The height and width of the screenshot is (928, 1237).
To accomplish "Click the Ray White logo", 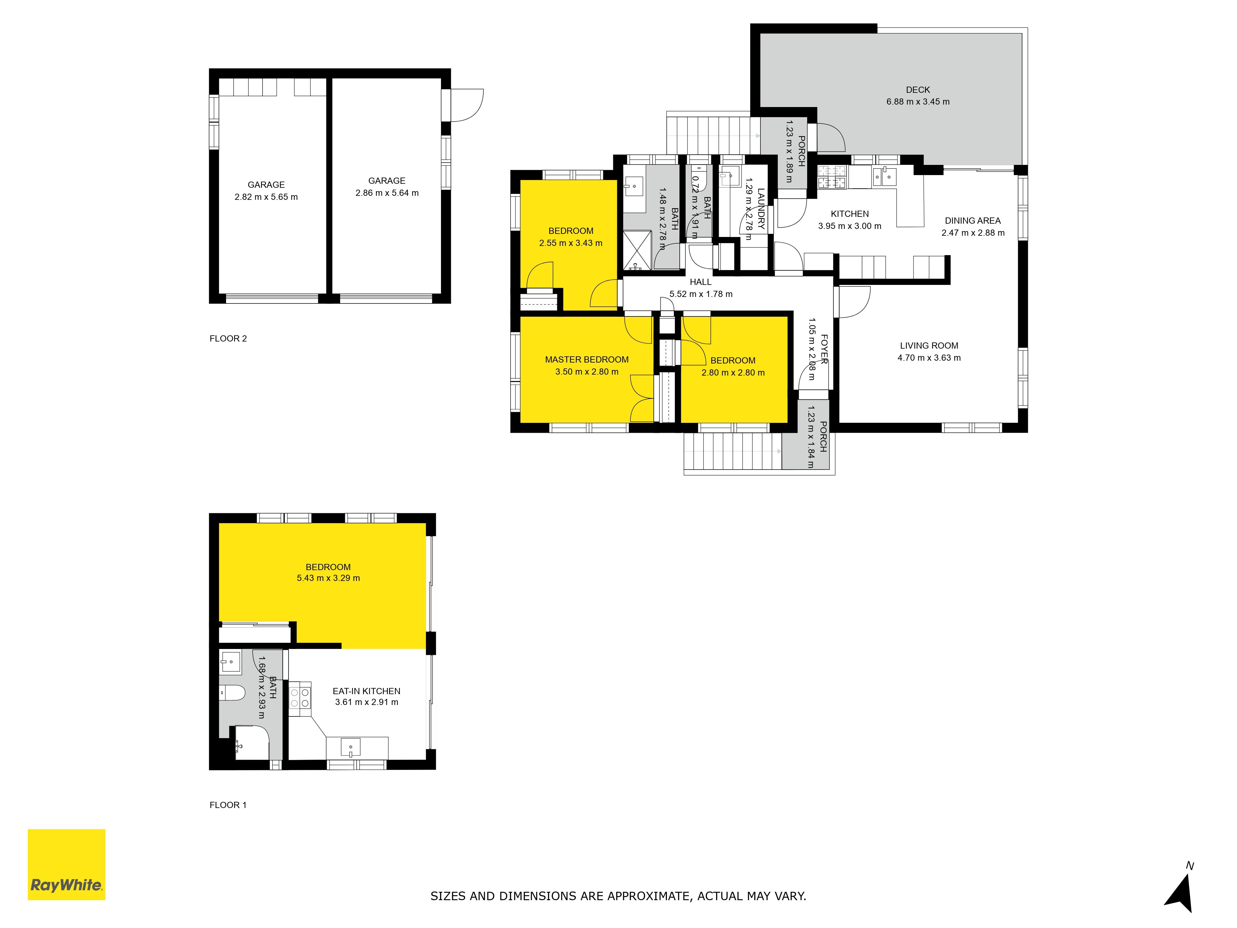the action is (66, 864).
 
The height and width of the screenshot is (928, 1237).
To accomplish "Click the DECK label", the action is (918, 89).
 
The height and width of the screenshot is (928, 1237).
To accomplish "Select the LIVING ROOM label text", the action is (929, 346).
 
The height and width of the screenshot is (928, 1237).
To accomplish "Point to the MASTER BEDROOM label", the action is (587, 360).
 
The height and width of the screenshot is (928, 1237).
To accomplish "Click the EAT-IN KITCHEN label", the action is (366, 691).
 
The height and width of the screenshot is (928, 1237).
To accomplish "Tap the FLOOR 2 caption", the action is (228, 338).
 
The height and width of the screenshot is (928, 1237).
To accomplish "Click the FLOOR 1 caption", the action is (228, 805).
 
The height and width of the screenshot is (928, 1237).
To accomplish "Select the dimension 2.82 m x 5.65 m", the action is (266, 197).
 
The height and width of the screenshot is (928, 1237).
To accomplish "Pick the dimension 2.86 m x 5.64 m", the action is (387, 193).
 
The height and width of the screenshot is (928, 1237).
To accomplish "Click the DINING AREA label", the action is (973, 220).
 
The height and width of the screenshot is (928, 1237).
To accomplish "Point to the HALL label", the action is (701, 282).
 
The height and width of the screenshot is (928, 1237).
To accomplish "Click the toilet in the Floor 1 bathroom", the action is (232, 694).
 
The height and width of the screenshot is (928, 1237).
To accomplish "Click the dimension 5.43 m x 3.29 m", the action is (328, 578).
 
